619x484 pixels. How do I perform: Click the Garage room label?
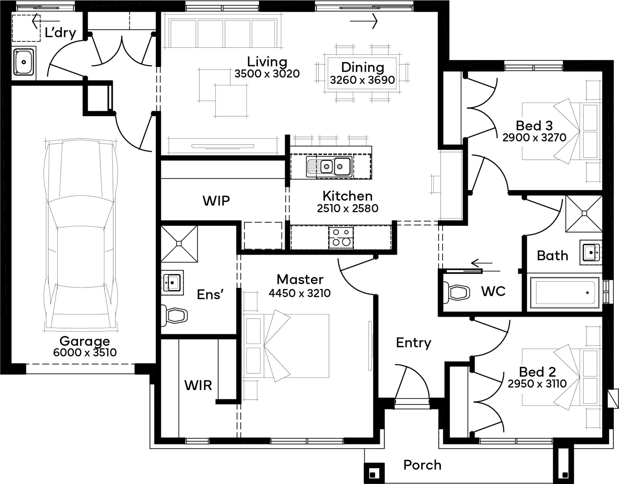click(x=84, y=341)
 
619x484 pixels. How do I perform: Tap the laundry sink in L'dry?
click(x=24, y=62)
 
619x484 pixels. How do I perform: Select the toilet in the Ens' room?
click(x=174, y=316)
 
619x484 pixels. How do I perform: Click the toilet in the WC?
click(x=456, y=292)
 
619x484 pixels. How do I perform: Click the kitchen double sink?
click(x=329, y=167)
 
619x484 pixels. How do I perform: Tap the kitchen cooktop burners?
click(x=341, y=237)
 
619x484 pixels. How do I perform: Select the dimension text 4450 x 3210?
click(x=300, y=293)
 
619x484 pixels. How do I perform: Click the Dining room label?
click(x=362, y=67)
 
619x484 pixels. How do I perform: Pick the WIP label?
click(x=216, y=201)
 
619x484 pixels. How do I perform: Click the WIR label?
click(x=198, y=385)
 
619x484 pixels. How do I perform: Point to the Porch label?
click(x=422, y=465)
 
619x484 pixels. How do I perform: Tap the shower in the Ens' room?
click(x=179, y=244)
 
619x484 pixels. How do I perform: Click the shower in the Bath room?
click(x=584, y=214)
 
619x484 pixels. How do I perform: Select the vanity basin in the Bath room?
click(x=591, y=253)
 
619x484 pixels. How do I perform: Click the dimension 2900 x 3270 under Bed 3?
click(x=534, y=137)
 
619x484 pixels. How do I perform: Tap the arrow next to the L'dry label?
click(x=45, y=21)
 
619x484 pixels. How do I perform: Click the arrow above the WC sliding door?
click(x=482, y=263)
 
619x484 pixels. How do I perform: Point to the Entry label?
click(x=413, y=343)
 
